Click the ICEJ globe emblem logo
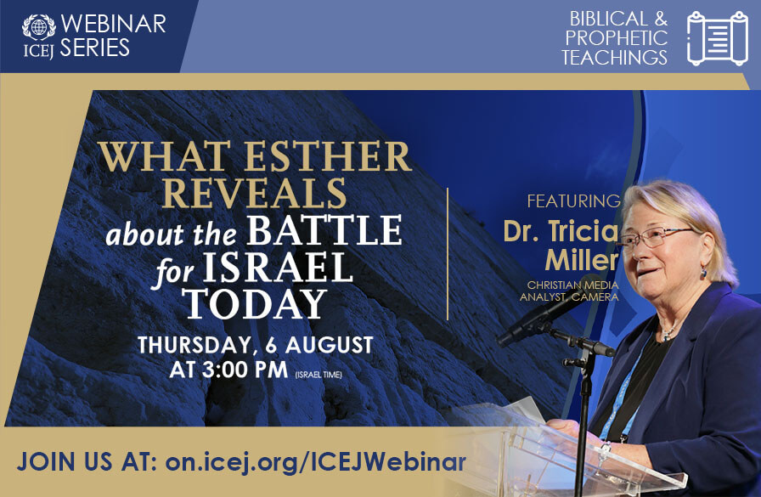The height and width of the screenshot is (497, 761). tap(38, 28)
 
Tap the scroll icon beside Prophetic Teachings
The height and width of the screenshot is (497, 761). tap(718, 38)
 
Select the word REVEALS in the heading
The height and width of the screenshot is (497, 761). tap(254, 193)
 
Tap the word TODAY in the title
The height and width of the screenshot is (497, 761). tap(256, 304)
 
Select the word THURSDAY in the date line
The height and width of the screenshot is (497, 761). tap(194, 346)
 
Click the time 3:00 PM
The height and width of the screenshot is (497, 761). tap(245, 370)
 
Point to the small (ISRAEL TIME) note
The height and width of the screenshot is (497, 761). tap(318, 375)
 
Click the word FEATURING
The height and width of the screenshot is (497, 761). tap(573, 201)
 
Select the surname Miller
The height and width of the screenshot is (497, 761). tap(582, 260)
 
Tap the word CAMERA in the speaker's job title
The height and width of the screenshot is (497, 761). tap(595, 297)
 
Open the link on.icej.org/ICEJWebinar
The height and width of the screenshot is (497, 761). tap(315, 461)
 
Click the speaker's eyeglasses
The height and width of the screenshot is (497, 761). tap(657, 236)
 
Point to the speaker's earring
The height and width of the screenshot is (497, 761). tap(702, 272)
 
